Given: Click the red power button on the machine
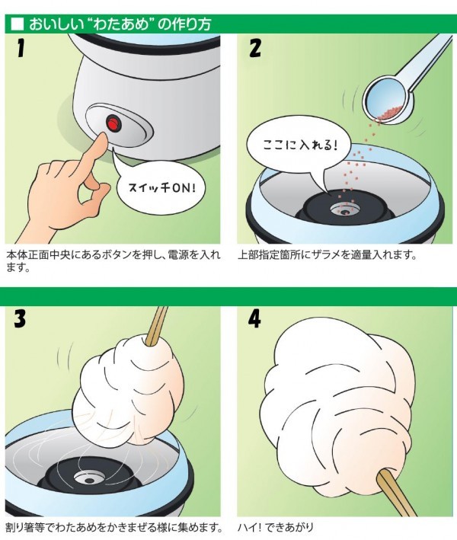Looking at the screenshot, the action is [x=112, y=123].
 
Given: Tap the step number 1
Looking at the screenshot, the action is [x=21, y=47].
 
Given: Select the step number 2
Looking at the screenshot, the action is [x=255, y=48].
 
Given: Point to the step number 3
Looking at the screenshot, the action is [x=20, y=318].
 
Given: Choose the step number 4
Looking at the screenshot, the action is [x=254, y=318].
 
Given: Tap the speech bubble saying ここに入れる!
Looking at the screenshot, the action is [x=299, y=145].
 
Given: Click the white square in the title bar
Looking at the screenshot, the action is [x=18, y=25].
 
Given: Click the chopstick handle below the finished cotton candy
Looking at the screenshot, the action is [x=393, y=494].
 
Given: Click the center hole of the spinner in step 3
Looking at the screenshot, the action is [x=90, y=480].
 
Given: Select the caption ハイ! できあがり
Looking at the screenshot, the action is [x=276, y=527].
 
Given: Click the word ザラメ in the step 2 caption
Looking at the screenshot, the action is [x=330, y=255].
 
